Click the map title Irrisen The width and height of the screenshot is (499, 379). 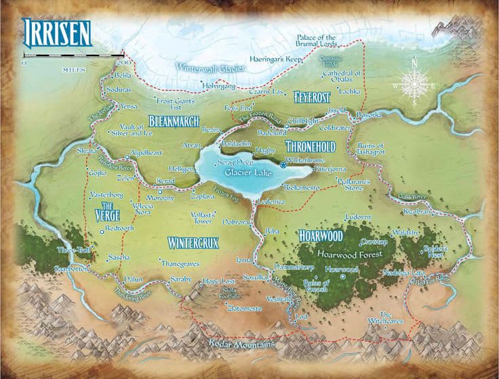click(57, 31)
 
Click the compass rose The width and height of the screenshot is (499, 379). click(414, 86)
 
